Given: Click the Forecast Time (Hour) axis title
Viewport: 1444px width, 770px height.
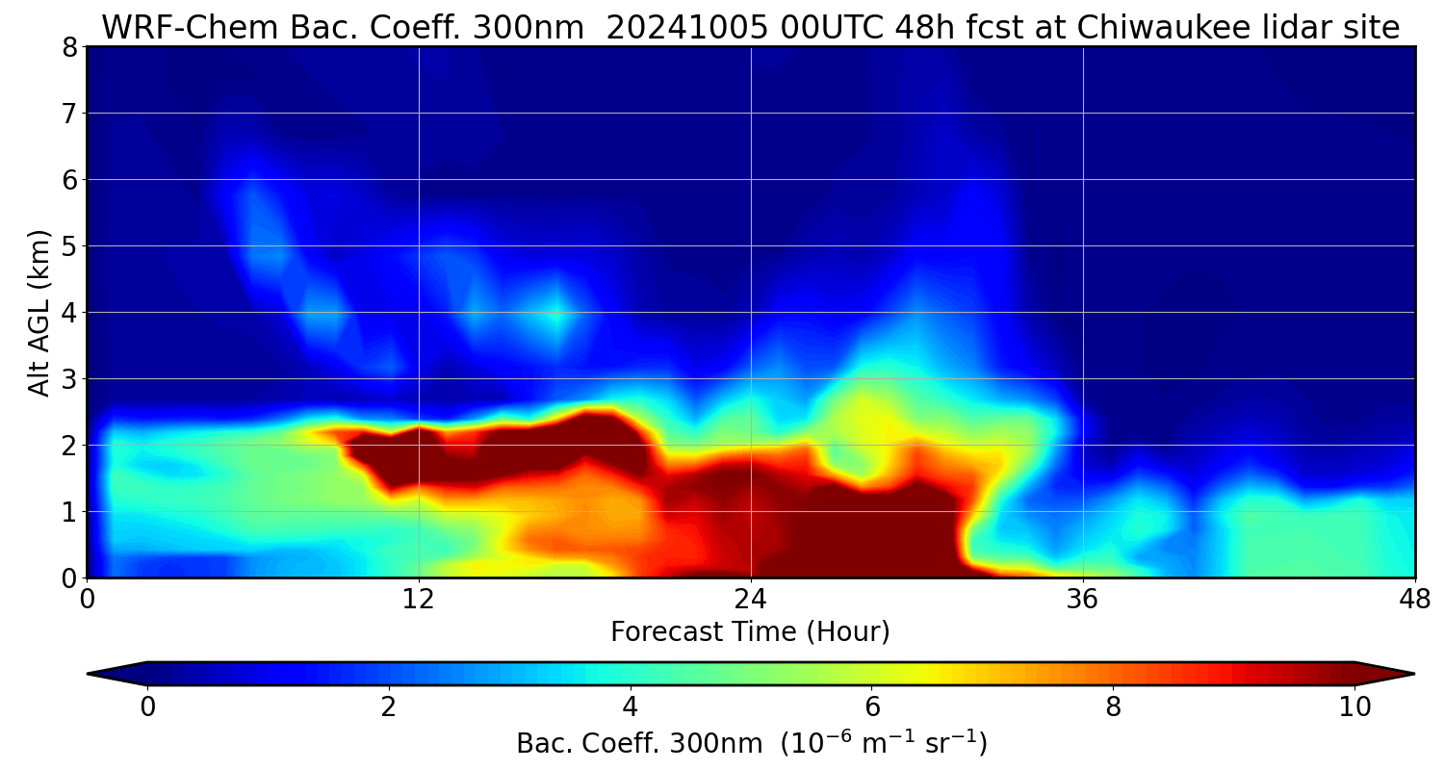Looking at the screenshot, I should (x=750, y=632).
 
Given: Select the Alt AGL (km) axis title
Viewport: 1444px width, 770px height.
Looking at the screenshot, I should (x=39, y=312).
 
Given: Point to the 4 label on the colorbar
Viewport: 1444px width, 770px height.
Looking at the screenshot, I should (x=631, y=707).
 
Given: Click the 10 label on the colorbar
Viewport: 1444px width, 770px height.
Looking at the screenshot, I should (x=1354, y=707).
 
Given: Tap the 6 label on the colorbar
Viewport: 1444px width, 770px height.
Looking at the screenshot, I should (x=872, y=707).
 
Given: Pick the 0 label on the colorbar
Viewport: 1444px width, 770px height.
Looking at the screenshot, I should (x=147, y=707).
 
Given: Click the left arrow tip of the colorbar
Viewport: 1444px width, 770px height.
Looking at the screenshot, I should (x=90, y=674).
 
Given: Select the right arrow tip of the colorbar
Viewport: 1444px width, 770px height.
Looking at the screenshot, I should (x=1412, y=674).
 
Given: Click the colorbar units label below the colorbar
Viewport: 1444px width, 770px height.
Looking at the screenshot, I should (x=751, y=744).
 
